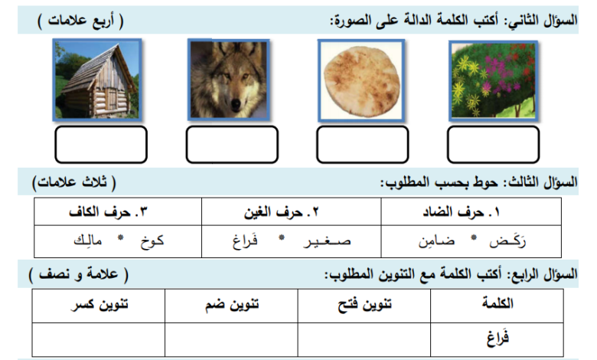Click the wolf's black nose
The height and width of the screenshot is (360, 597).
click(237, 103)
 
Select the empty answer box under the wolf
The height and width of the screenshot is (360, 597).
click(232, 145)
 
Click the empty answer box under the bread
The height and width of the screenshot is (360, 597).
click(363, 145)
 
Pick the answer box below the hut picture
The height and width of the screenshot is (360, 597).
click(101, 145)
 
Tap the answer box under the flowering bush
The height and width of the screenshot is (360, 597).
click(493, 145)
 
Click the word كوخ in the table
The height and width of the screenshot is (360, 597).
click(152, 241)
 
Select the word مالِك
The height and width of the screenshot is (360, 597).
click(88, 241)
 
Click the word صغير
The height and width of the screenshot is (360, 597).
click(327, 241)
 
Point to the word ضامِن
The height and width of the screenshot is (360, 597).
click(437, 241)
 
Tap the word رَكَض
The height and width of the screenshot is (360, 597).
click(507, 241)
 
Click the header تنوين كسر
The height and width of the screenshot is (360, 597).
click(99, 305)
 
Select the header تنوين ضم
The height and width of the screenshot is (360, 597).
click(232, 305)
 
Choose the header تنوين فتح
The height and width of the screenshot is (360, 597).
click(365, 305)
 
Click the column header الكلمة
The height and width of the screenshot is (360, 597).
click(497, 303)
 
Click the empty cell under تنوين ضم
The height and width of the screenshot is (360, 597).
click(231, 340)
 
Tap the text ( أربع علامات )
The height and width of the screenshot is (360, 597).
click(80, 21)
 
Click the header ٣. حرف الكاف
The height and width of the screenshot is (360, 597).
click(108, 212)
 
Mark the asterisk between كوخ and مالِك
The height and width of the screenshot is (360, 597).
click(121, 237)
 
